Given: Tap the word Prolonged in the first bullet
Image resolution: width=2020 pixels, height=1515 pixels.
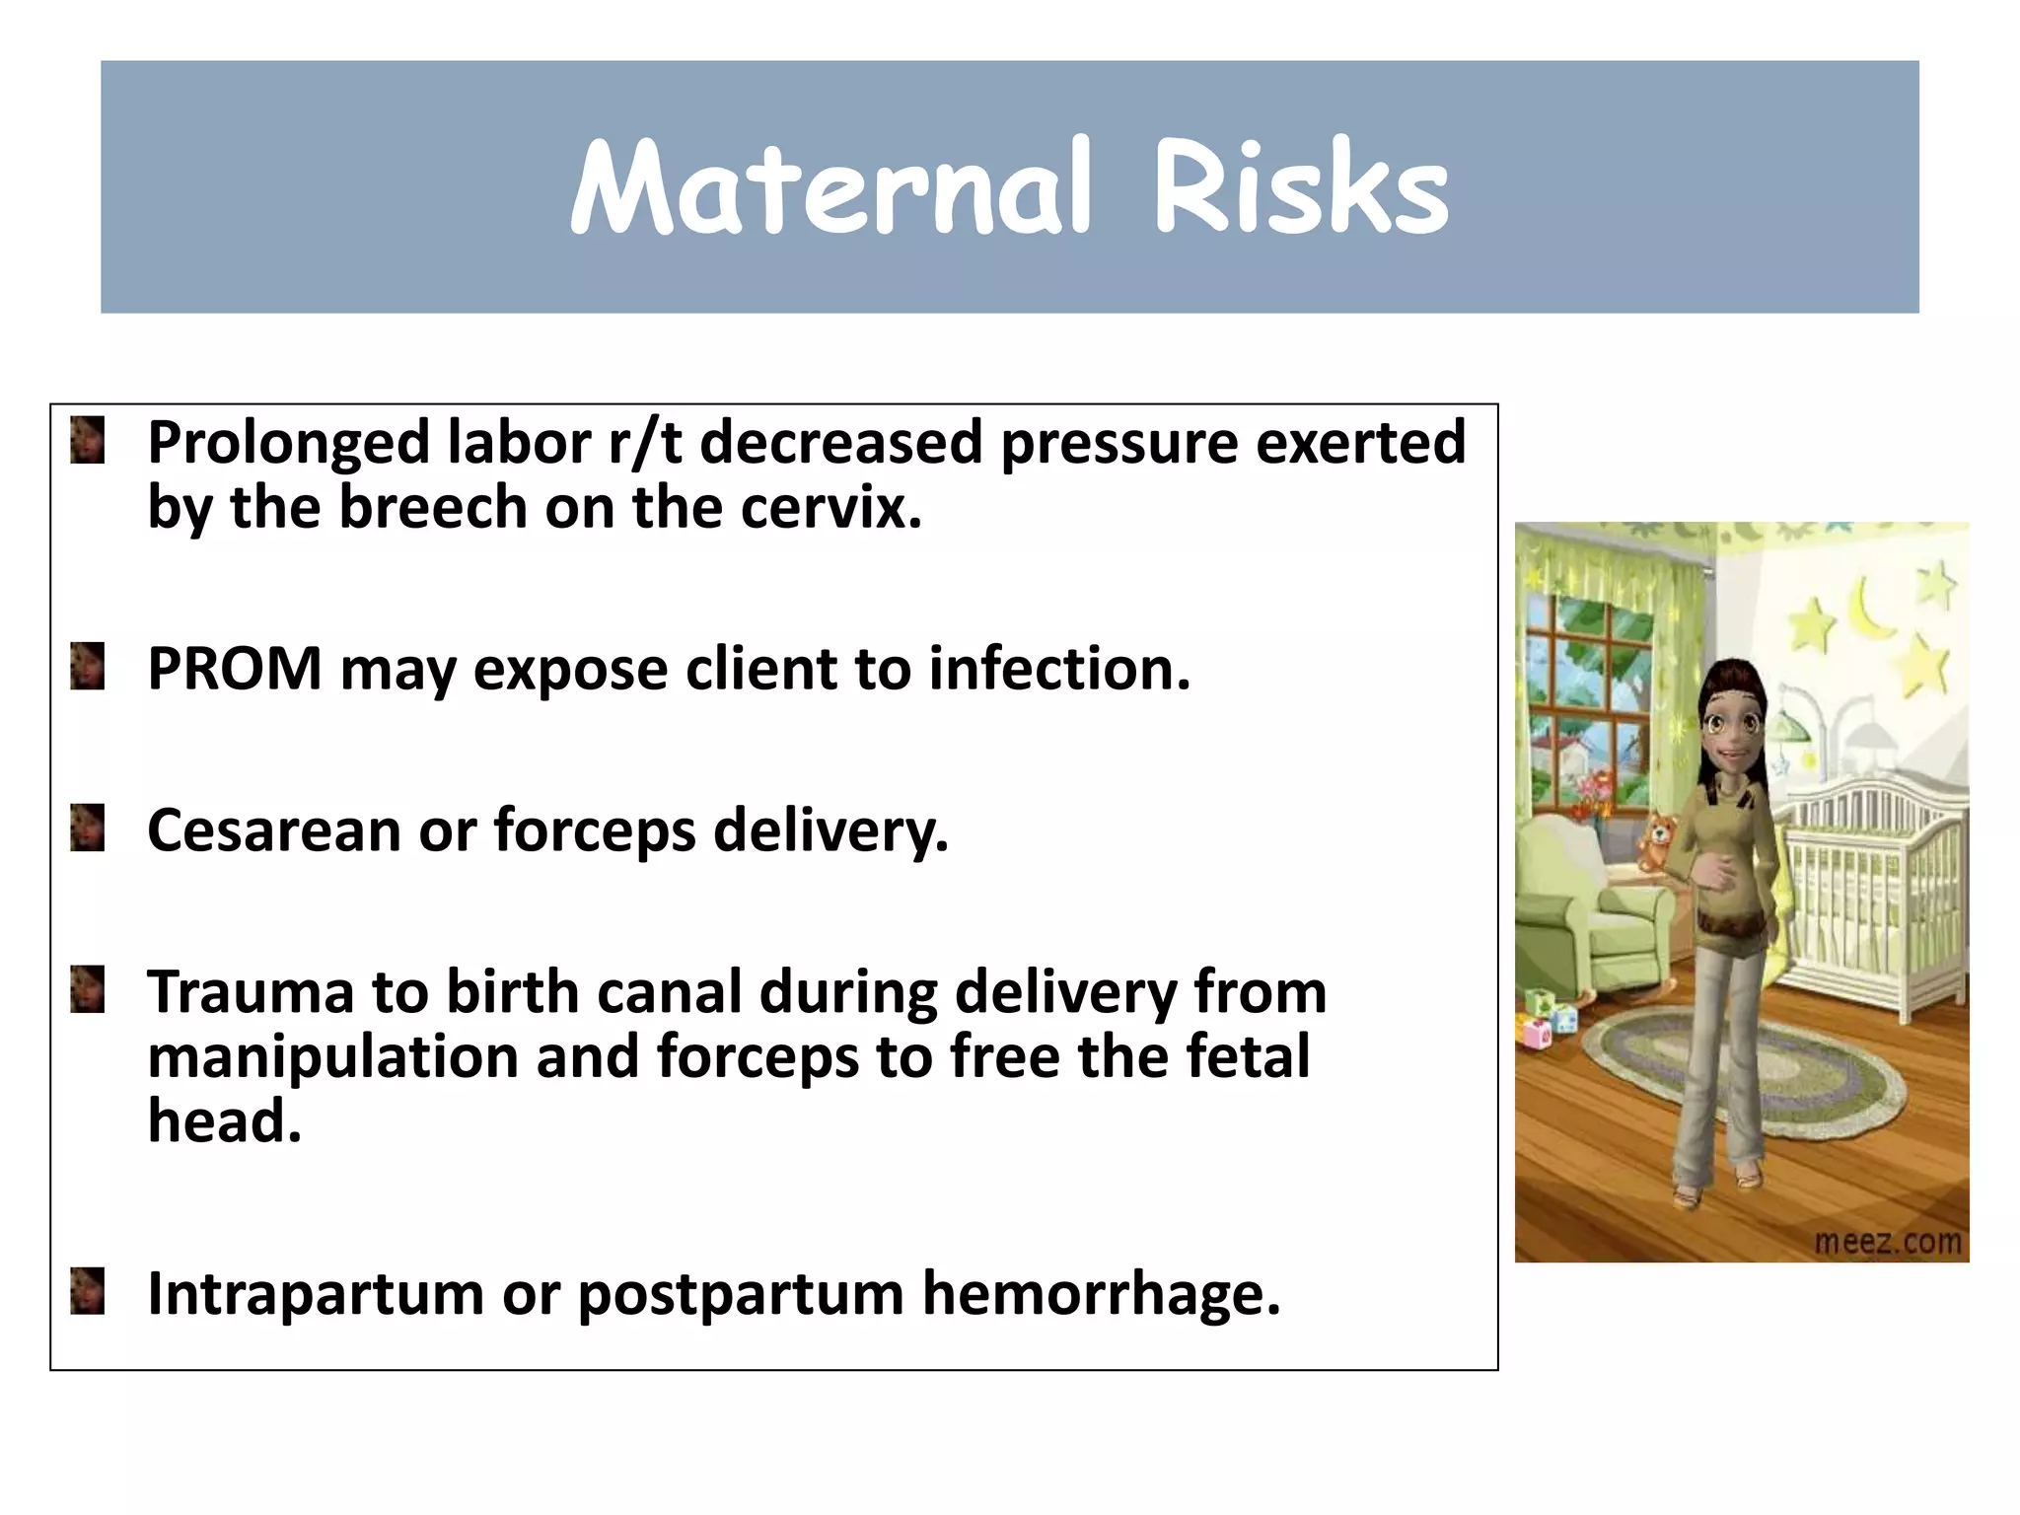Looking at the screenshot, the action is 288,444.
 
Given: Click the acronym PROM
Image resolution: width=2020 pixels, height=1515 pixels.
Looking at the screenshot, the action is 235,669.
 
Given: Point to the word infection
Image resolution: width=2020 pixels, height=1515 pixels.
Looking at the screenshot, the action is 1059,669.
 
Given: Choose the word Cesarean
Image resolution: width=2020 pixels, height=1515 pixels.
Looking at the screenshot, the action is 273,830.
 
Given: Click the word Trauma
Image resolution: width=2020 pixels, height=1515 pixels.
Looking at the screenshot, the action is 251,991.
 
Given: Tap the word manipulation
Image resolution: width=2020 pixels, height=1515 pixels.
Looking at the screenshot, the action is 332,1057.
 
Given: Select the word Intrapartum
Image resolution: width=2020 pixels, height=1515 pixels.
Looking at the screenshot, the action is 315,1294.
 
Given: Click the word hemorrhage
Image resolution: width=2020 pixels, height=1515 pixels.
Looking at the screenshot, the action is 1101,1294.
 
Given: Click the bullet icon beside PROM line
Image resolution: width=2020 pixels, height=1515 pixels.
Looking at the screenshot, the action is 88,666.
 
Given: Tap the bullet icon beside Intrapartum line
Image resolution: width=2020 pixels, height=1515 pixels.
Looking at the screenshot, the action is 88,1291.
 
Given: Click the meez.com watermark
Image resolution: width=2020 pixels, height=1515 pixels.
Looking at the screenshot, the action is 1888,1242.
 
